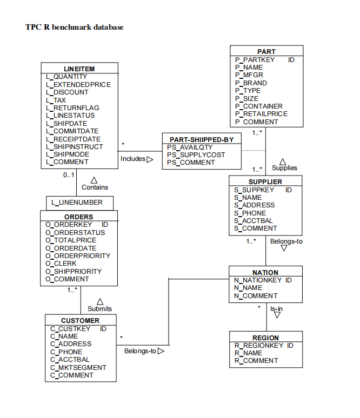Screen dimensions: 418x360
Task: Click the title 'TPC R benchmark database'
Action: click(x=74, y=27)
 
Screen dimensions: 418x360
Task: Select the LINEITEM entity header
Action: click(x=79, y=69)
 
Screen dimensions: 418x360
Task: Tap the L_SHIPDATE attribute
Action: click(x=66, y=123)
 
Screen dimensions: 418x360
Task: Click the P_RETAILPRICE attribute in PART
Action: click(x=261, y=114)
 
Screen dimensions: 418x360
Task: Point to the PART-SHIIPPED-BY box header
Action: click(x=201, y=139)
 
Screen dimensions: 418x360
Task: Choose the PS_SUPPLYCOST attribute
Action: click(x=196, y=155)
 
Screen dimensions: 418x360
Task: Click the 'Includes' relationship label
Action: click(x=132, y=159)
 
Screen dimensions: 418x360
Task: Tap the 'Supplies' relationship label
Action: click(x=284, y=168)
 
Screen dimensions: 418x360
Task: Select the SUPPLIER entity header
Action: click(x=265, y=181)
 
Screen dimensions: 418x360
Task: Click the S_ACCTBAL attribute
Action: click(x=254, y=220)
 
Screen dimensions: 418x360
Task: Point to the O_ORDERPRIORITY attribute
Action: click(x=78, y=255)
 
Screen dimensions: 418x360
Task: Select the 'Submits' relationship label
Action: click(x=99, y=308)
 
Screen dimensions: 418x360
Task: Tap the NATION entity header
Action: click(x=265, y=272)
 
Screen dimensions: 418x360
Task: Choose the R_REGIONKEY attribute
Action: click(x=258, y=345)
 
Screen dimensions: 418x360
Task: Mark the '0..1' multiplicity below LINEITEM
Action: click(x=68, y=175)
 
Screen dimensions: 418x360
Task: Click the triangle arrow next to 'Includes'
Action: click(x=150, y=159)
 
